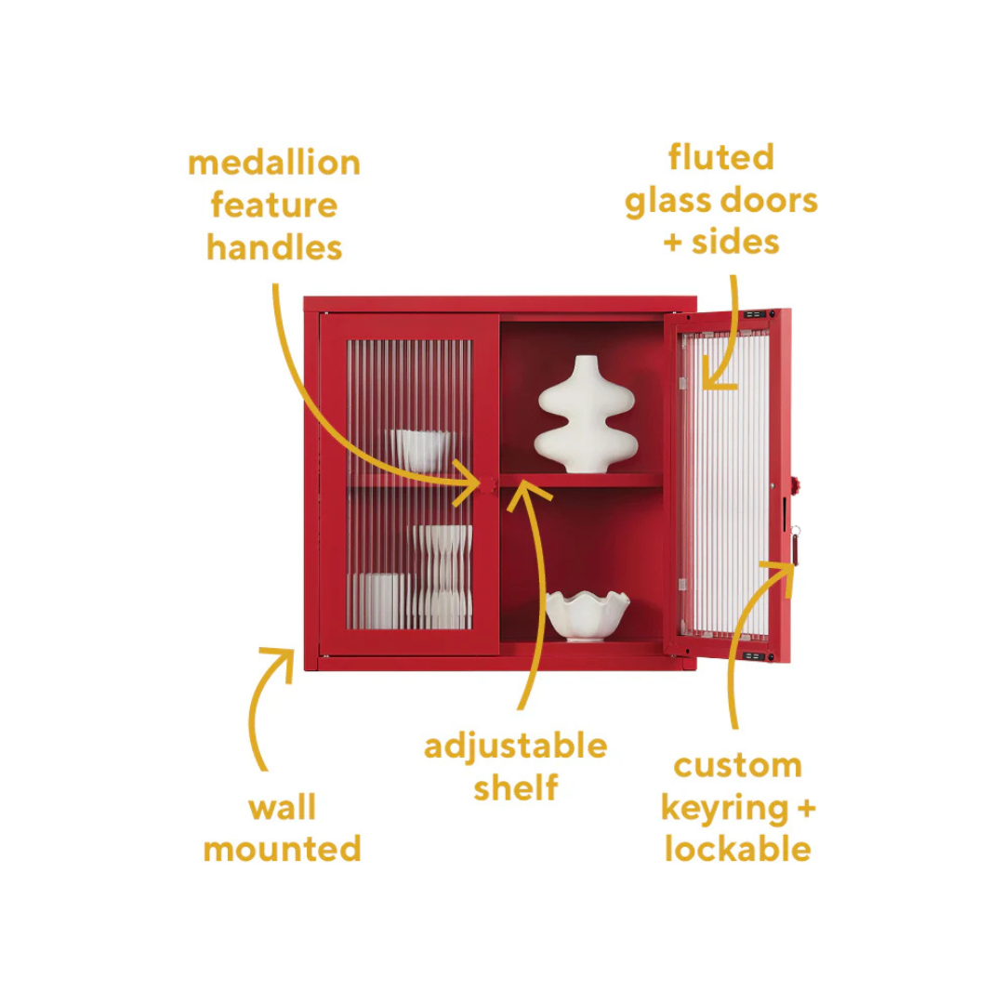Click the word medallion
tap(274, 163)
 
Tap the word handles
tap(274, 247)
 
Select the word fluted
tap(720, 157)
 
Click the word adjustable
tap(515, 746)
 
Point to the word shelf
tap(515, 788)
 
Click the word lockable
tap(737, 849)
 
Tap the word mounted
tap(282, 849)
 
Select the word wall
tap(282, 808)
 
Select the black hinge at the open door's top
tap(760, 316)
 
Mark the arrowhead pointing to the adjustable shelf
tap(524, 489)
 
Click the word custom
tap(737, 766)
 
